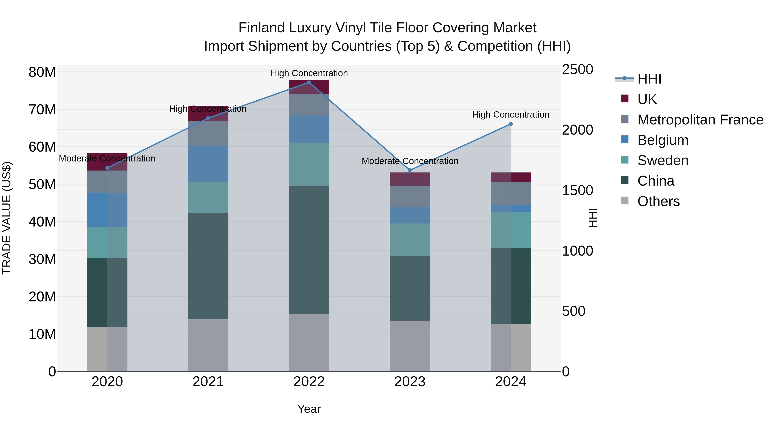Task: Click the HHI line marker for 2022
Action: (x=309, y=82)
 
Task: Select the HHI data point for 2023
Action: (x=410, y=170)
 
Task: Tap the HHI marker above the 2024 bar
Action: (x=511, y=124)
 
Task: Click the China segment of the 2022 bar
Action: (x=309, y=250)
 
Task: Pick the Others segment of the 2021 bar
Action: (x=208, y=345)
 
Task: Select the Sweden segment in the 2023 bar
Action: (x=410, y=240)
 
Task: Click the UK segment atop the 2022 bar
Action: (x=309, y=87)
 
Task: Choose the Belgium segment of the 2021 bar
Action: (x=208, y=164)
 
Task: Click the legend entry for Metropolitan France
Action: (x=700, y=120)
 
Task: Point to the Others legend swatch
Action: (x=625, y=201)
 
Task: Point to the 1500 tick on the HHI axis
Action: (x=577, y=191)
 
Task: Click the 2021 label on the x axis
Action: (x=208, y=382)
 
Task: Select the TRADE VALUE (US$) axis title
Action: (x=7, y=218)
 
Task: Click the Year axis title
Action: (x=309, y=409)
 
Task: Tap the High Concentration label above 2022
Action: (x=309, y=73)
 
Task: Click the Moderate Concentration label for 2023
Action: (x=410, y=161)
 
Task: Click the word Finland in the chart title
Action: (x=261, y=28)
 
